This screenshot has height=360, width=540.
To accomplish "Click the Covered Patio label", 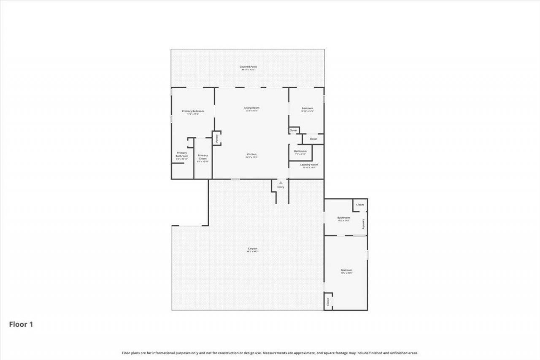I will click(248, 67).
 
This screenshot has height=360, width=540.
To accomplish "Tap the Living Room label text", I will click(252, 108).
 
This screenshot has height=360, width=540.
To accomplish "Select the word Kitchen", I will click(251, 154).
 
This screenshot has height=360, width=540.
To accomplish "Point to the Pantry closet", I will click(217, 138).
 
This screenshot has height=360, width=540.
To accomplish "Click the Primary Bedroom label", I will click(193, 111).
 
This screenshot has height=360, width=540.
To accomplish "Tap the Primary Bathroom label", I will click(182, 154).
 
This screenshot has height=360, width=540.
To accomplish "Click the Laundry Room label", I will click(309, 165).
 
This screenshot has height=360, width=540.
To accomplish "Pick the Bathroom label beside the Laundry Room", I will click(300, 151).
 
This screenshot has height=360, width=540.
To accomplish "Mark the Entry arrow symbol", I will click(281, 183).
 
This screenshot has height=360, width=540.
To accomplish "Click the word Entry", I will click(281, 187).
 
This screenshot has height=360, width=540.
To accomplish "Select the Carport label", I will click(252, 249).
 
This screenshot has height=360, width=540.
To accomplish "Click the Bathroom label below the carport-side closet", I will click(343, 218).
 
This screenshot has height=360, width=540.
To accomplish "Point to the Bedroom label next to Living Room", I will click(307, 108).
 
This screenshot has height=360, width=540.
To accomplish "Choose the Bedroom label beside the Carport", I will click(346, 270).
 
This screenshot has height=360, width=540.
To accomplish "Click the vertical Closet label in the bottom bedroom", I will click(328, 302).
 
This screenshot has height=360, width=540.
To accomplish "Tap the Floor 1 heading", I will click(21, 325).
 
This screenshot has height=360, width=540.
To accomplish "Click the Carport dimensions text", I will click(252, 252).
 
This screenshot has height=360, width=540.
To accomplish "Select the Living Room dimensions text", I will click(252, 111).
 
